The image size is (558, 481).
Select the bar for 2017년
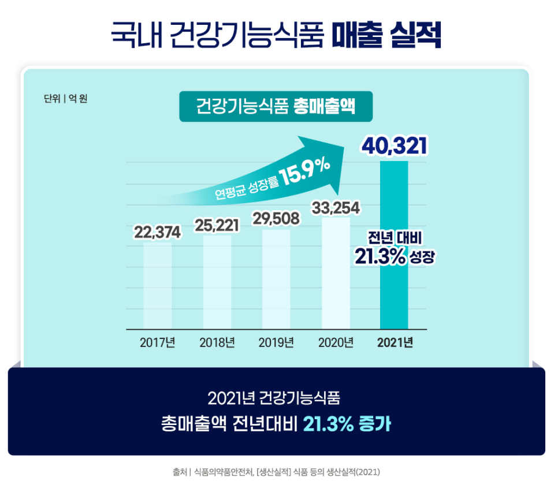click(157, 286)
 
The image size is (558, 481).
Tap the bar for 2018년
click(217, 283)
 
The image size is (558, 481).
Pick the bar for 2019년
click(276, 280)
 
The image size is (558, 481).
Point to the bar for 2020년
click(336, 274)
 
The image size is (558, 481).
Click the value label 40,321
click(394, 146)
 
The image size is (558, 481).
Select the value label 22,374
click(158, 232)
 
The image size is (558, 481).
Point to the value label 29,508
click(276, 219)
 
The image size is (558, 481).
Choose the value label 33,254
click(336, 208)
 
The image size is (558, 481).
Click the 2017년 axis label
click(157, 342)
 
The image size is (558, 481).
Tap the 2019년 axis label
click(276, 342)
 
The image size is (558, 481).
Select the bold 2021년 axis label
click(395, 342)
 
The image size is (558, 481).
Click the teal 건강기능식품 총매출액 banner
click(275, 106)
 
